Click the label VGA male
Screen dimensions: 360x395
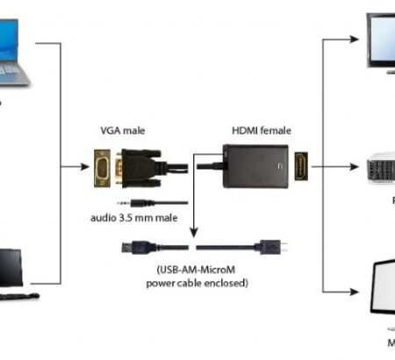tap(123, 131)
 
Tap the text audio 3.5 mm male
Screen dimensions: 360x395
tap(132, 218)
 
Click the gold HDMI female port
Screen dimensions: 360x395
tap(301, 165)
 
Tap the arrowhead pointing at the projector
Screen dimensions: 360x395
tap(355, 165)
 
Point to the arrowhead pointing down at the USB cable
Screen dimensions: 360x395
tap(195, 231)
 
